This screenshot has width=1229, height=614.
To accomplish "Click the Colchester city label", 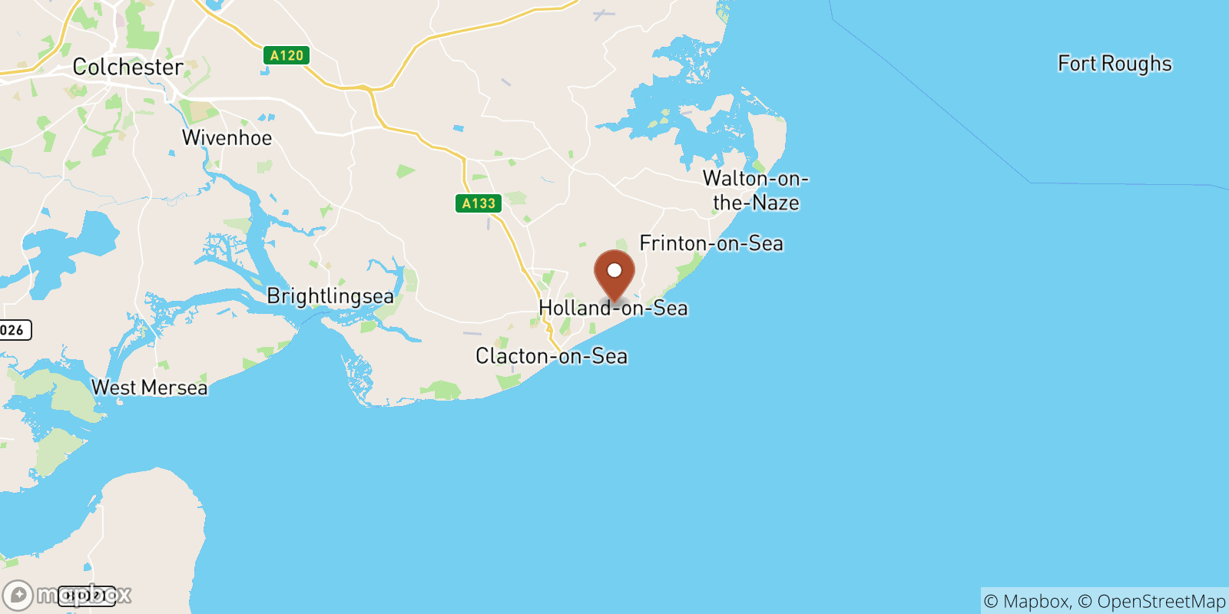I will (128, 68).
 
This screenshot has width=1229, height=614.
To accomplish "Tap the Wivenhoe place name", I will (227, 138).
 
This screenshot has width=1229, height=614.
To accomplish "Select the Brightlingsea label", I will (330, 296).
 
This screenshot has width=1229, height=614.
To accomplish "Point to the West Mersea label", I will (149, 388).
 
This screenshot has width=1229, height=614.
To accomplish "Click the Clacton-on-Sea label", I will (552, 356).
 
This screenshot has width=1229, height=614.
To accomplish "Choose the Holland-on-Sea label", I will (613, 309).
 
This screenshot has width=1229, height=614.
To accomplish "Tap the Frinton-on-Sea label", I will (711, 243).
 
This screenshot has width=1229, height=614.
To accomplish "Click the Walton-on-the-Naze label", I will (756, 190).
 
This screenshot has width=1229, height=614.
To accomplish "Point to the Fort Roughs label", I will (1115, 64).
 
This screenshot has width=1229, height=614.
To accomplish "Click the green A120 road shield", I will (287, 55).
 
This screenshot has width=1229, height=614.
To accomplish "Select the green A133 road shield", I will (479, 203).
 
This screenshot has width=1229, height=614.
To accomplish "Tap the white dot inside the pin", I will (614, 270).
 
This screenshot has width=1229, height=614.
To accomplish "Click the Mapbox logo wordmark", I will (84, 595).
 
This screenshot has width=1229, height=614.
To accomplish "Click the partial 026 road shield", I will (13, 330).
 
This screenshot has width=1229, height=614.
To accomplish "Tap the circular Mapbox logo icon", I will (18, 595).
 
